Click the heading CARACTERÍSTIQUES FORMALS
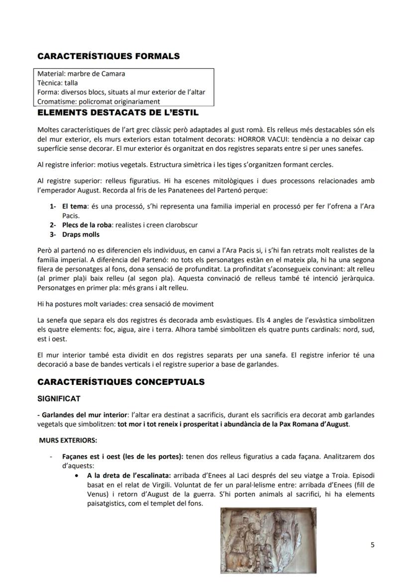tap(108, 56)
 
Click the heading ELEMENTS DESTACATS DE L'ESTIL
tap(118, 113)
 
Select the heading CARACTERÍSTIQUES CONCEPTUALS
tap(121, 382)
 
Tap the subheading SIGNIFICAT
tap(59, 399)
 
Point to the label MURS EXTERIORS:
tap(68, 440)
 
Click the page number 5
tap(373, 545)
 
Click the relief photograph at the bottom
tap(268, 540)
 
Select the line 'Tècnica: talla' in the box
tap(58, 83)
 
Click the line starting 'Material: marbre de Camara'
tap(81, 74)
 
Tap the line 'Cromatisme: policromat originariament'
tap(99, 102)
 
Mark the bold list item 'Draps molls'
tap(81, 234)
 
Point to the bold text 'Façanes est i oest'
tap(93, 457)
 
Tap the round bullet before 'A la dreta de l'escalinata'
tap(75, 475)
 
